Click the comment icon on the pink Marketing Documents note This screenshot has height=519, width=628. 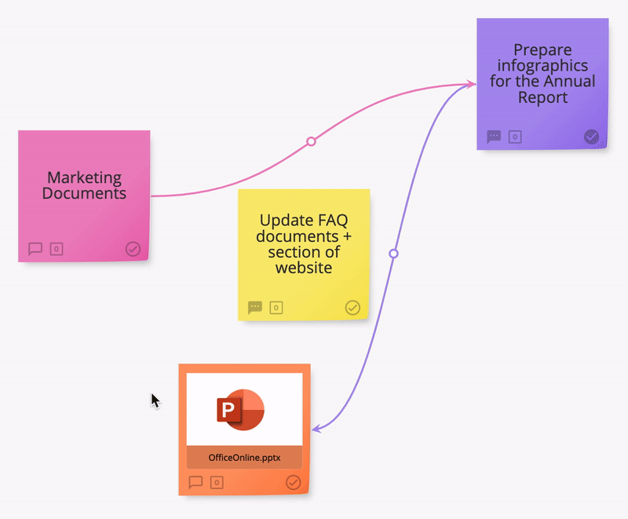click(35, 249)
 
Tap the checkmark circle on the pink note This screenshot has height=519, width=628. click(133, 249)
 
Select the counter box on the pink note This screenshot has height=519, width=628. click(57, 249)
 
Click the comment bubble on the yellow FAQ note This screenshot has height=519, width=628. click(255, 308)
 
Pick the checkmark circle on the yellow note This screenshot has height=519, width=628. click(352, 308)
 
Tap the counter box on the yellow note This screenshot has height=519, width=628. click(276, 308)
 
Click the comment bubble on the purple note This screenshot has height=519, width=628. click(494, 137)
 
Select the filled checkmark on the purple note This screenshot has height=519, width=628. click(591, 137)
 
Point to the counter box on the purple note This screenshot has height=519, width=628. click(515, 137)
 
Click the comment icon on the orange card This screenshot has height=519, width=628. click(195, 482)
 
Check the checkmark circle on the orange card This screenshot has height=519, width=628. click(293, 482)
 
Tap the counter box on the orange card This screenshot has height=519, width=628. click(217, 483)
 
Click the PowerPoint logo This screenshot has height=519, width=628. click(240, 409)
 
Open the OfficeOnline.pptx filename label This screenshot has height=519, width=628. click(244, 457)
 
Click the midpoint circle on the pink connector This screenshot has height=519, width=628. click(311, 141)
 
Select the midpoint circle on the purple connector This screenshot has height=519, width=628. click(394, 254)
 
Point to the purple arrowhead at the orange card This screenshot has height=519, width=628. click(316, 429)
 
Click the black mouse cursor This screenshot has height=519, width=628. click(155, 400)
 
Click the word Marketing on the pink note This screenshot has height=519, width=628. click(84, 177)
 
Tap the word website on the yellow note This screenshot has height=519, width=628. click(304, 268)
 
